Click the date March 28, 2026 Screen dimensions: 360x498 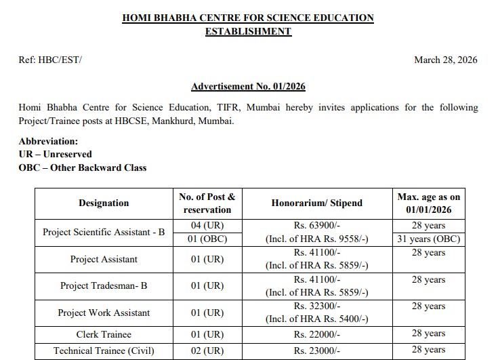445,60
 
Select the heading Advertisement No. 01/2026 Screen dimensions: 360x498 248,87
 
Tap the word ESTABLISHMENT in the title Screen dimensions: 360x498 248,31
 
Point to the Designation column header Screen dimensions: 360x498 104,203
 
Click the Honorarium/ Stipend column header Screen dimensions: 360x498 316,203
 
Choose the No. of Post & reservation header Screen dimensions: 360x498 207,203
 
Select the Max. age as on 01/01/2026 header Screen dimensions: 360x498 429,203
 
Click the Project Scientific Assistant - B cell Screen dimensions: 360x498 104,232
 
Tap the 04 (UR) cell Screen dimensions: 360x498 207,225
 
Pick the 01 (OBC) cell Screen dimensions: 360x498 207,239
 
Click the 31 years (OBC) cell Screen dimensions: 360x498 429,239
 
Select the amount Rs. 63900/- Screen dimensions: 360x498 316,225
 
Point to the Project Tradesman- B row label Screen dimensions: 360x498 104,285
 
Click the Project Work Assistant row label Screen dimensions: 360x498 104,313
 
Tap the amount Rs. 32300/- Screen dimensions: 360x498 316,306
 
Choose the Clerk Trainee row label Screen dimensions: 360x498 104,334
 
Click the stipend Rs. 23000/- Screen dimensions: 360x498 316,351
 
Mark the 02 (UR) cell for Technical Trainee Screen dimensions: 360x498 207,351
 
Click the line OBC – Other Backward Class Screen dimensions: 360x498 83,167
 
